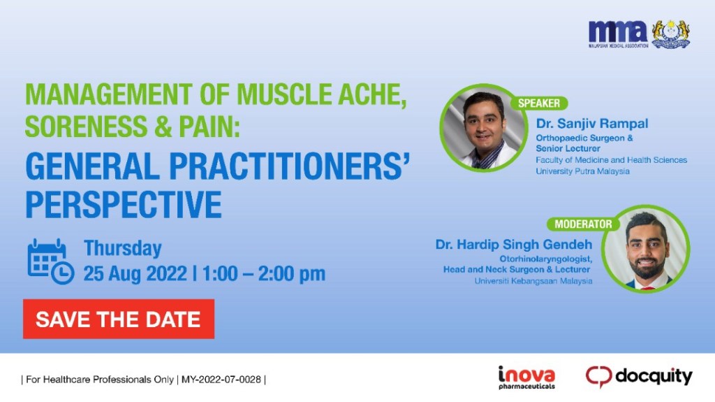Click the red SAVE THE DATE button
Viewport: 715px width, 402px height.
pyautogui.click(x=118, y=320)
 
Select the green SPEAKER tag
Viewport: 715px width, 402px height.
pyautogui.click(x=538, y=103)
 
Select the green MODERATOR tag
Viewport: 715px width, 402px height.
pyautogui.click(x=582, y=224)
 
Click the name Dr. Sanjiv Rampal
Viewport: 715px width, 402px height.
pyautogui.click(x=591, y=124)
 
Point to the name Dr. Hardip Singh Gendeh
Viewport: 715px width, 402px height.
pyautogui.click(x=513, y=245)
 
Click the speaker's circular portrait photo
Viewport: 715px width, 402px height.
pyautogui.click(x=482, y=129)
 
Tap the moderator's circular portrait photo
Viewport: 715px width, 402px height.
pyautogui.click(x=645, y=250)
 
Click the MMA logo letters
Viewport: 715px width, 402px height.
pyautogui.click(x=617, y=31)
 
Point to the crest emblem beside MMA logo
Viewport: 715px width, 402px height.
pyautogui.click(x=671, y=33)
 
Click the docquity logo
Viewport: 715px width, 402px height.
pyautogui.click(x=639, y=377)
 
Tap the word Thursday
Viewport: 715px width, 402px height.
pyautogui.click(x=122, y=248)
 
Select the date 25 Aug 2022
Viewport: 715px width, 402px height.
pyautogui.click(x=135, y=273)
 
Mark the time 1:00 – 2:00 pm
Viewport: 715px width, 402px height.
pyautogui.click(x=264, y=273)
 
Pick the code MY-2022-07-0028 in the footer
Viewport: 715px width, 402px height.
pyautogui.click(x=221, y=380)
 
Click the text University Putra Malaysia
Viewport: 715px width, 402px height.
pyautogui.click(x=582, y=171)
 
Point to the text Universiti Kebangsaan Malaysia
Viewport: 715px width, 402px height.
pyautogui.click(x=533, y=281)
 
